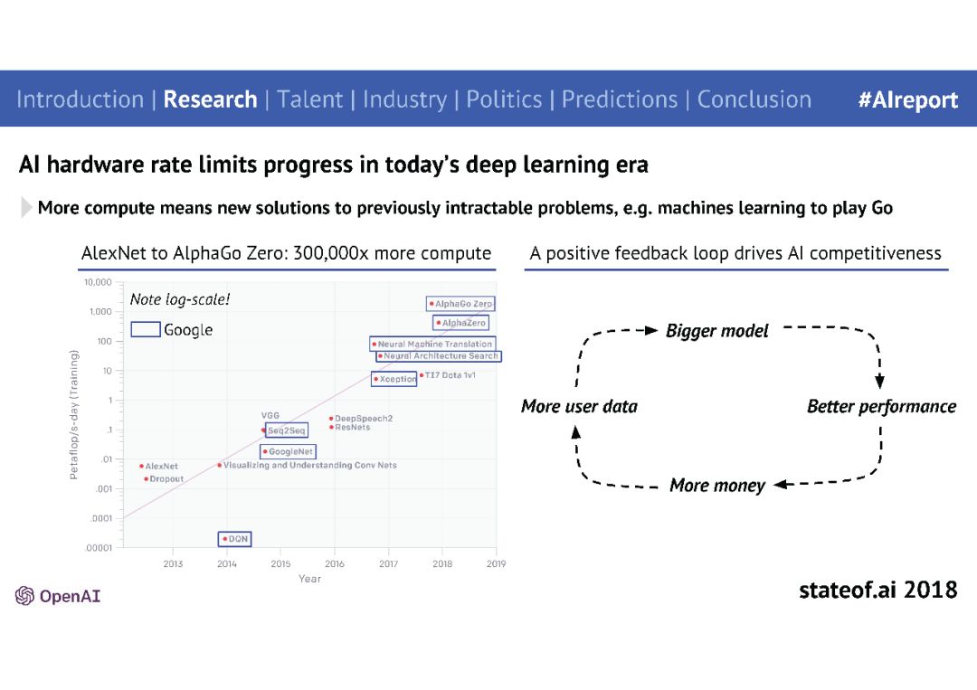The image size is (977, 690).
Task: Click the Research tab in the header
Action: coord(210,99)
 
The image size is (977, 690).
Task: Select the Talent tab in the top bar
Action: coord(309,99)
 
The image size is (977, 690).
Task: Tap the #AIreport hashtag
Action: coord(908,100)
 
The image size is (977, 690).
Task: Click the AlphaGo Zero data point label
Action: coord(461,304)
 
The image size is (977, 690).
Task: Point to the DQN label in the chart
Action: coord(235,539)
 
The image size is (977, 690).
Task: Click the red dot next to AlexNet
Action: coord(141,466)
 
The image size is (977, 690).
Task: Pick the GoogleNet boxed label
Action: coord(288,451)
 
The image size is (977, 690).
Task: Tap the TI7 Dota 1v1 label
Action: coord(450,375)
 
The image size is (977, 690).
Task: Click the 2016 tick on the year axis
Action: coord(335,563)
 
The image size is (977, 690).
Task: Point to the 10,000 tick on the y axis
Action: coord(98,282)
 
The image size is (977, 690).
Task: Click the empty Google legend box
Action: coord(146,329)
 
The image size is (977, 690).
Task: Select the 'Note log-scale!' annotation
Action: coord(180,299)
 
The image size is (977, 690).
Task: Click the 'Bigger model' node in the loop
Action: coord(717,331)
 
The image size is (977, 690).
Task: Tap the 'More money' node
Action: coord(717,485)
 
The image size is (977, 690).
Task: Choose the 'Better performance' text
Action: coord(882,407)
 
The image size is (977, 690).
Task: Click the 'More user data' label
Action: coord(580,407)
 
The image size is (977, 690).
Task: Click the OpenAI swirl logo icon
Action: coord(25,596)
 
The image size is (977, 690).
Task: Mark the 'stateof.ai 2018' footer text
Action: coord(877,590)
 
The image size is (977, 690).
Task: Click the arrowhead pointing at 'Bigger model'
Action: coord(651,330)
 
